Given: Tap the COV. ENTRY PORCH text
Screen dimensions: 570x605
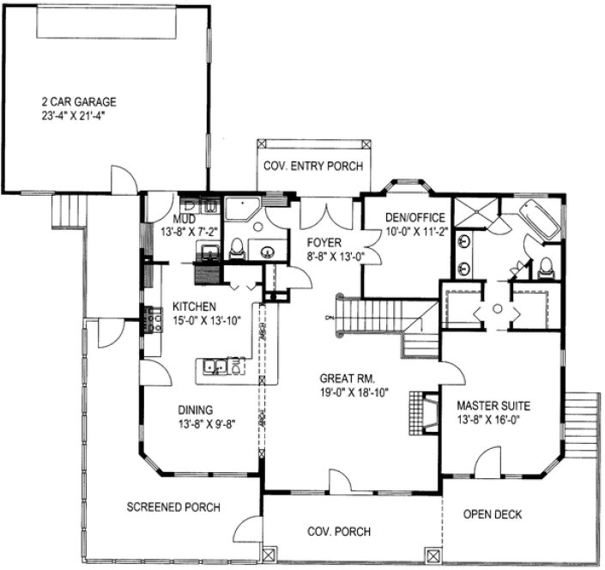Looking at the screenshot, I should coord(312,167).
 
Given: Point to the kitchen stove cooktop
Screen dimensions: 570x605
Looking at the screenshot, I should coord(155,319).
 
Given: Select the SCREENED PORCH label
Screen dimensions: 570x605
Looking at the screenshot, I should coord(174,507).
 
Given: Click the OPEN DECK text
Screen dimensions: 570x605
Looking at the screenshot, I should coord(493,515).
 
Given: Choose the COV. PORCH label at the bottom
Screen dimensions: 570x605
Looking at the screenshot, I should coord(338,532).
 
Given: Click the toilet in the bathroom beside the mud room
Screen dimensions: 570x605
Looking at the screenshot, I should coord(237,250).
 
